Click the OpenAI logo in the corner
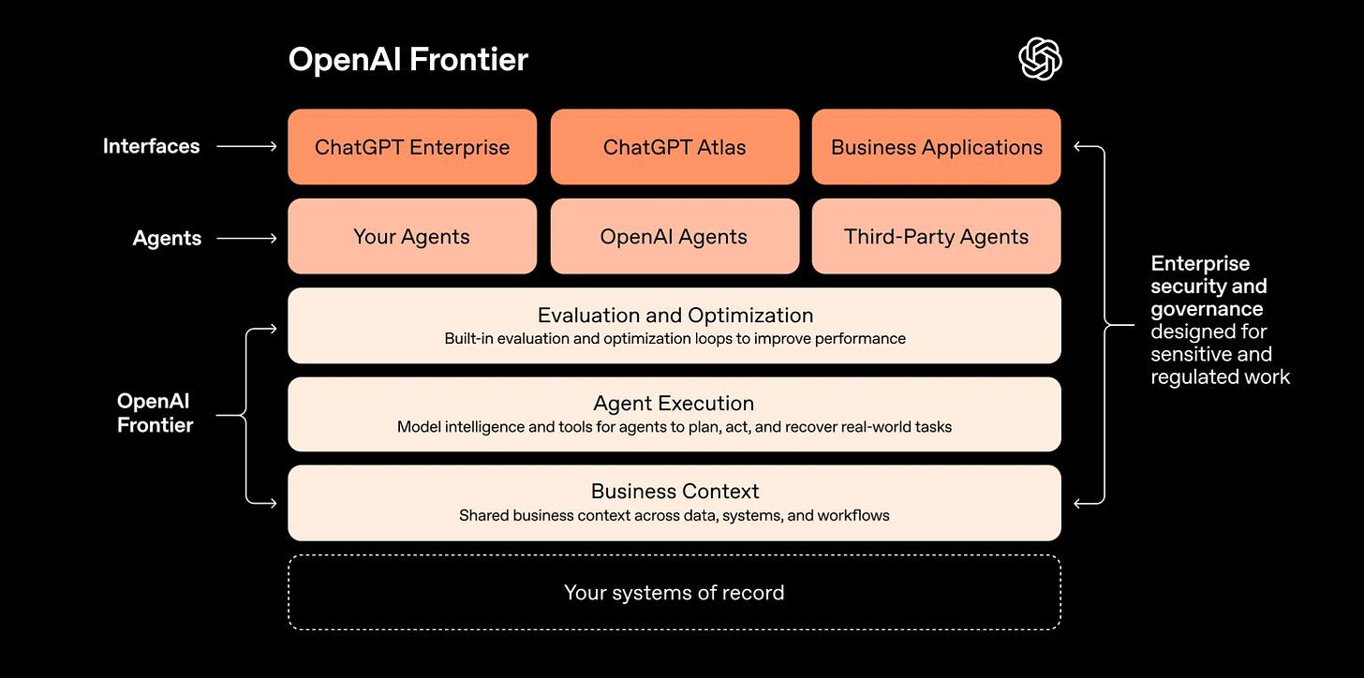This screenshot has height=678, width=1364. [1040, 60]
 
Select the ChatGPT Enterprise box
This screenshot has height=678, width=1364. [412, 147]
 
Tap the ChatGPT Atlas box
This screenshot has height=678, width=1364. [675, 147]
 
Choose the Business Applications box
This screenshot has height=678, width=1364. [936, 147]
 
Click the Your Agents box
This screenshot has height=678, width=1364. [412, 237]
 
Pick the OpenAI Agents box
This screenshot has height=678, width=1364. [675, 237]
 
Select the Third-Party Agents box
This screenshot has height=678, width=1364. [936, 237]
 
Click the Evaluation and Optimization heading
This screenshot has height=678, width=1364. [675, 316]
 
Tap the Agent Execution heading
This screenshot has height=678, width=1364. [674, 404]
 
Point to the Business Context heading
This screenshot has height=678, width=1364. [675, 492]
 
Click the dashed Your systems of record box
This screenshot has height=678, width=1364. [675, 593]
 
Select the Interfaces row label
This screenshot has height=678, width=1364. [151, 146]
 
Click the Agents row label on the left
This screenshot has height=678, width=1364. [167, 238]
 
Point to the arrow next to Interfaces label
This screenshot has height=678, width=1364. [247, 146]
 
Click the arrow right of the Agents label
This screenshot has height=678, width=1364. [247, 238]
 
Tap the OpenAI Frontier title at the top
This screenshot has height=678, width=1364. [408, 60]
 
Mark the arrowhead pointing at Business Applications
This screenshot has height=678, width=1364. [1079, 146]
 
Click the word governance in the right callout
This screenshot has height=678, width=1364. [1207, 309]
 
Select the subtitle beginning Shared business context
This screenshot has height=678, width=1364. [675, 516]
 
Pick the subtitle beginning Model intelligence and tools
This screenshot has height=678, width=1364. [675, 428]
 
